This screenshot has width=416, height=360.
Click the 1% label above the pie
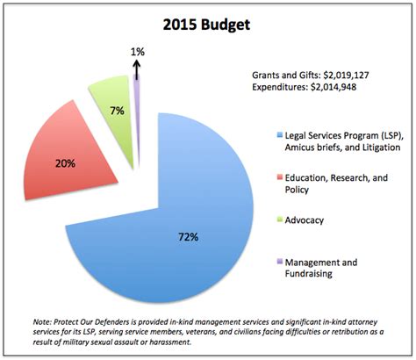pos(137,53)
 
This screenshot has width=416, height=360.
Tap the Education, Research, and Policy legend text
pos(334,184)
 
